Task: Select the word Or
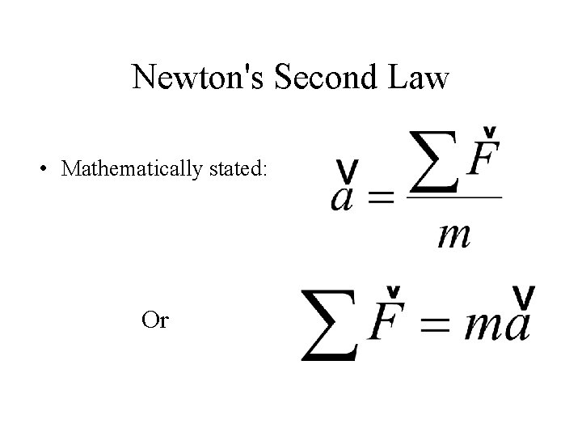point(154,320)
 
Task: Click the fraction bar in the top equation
point(453,196)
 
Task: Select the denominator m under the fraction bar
point(454,235)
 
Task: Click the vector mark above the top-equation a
point(348,171)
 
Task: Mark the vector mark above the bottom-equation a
point(523,298)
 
